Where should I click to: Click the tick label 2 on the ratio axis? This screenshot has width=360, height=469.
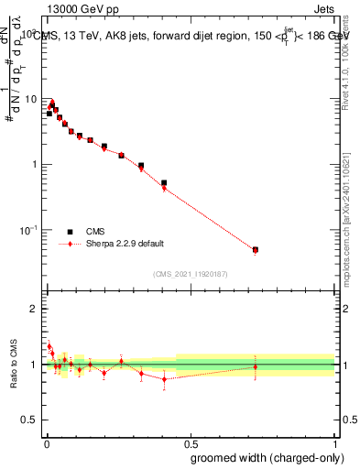pyautogui.click(x=34, y=309)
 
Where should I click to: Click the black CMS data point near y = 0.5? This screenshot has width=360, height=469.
pyautogui.click(x=164, y=183)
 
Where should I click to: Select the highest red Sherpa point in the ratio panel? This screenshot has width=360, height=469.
pyautogui.click(x=49, y=346)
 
